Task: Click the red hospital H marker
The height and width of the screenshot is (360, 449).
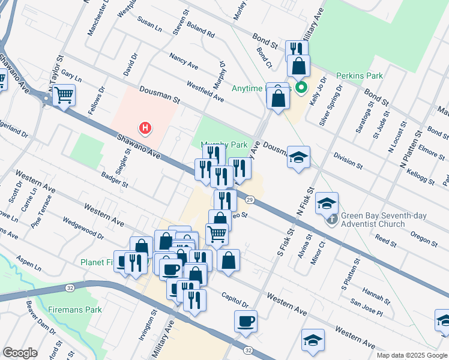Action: click(x=145, y=128)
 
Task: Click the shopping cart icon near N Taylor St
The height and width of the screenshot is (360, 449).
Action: click(x=64, y=94)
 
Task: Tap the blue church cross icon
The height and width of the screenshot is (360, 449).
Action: click(x=332, y=221)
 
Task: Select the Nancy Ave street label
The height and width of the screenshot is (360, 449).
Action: click(x=184, y=62)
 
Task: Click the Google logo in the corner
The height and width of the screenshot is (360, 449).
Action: click(x=20, y=353)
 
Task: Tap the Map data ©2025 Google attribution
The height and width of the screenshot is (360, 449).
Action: click(x=411, y=355)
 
